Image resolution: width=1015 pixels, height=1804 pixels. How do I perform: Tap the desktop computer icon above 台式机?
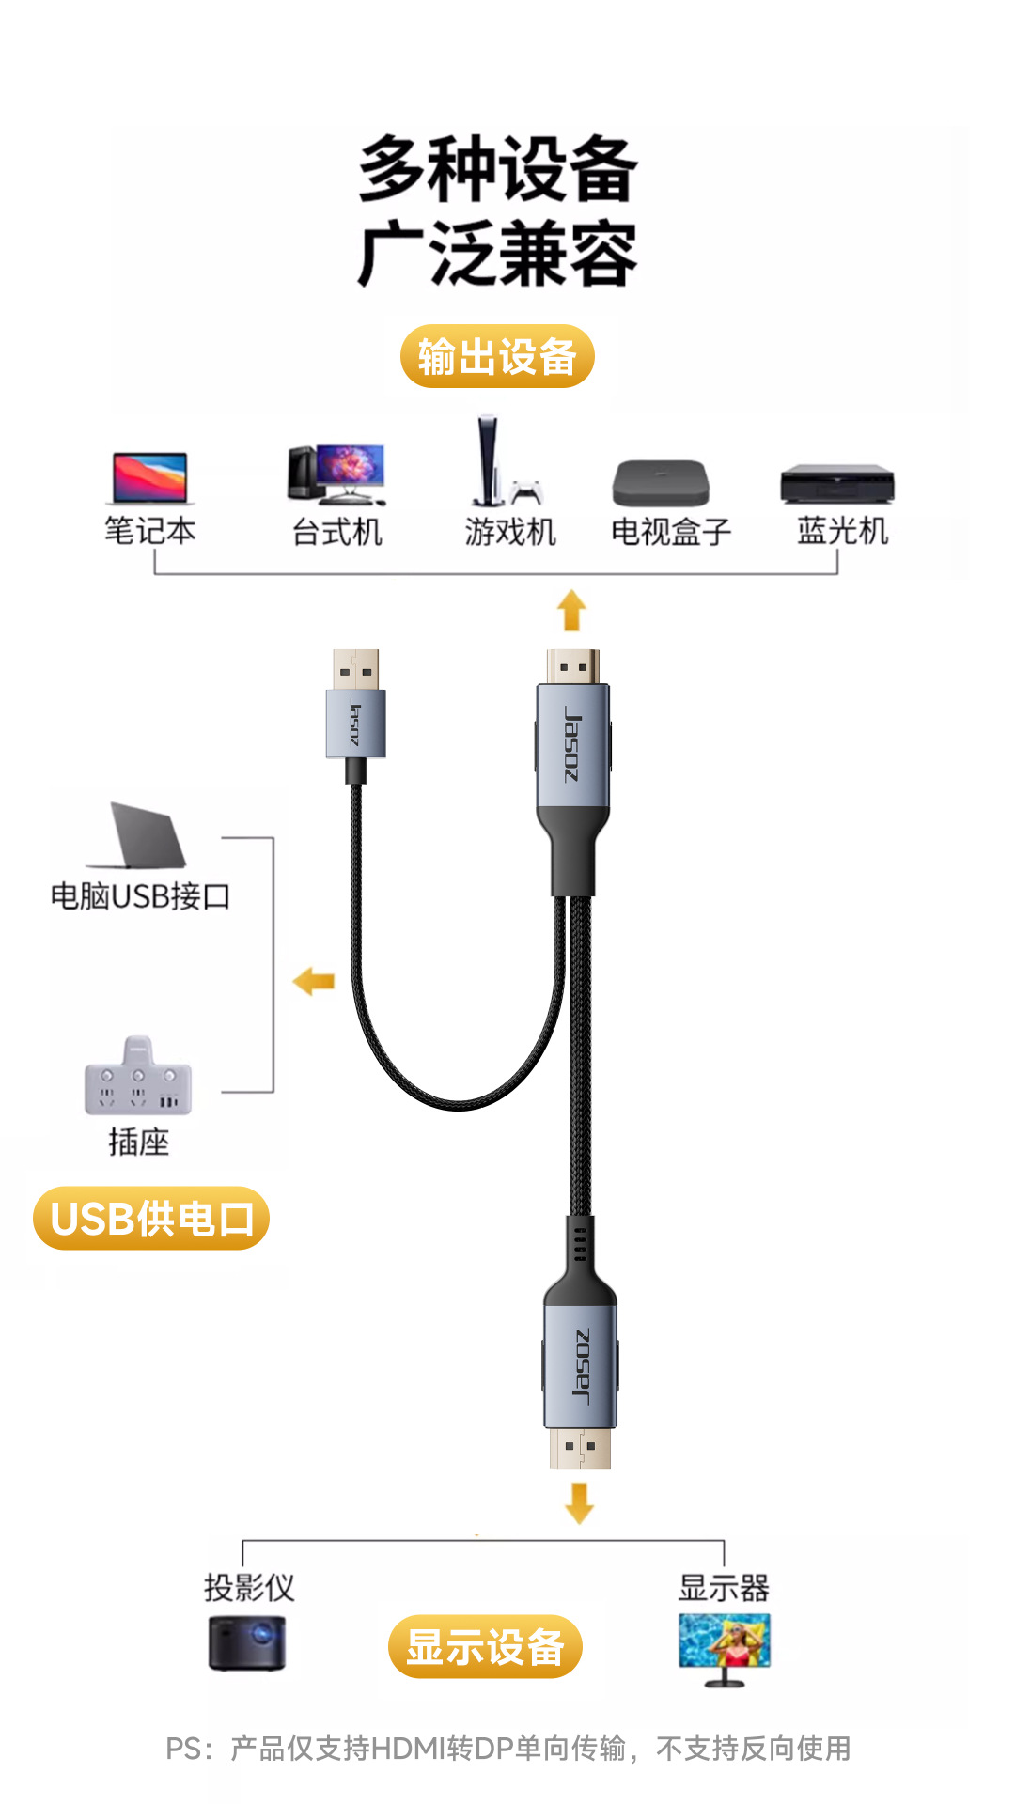pos(336,474)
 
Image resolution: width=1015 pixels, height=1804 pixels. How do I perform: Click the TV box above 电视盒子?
pos(661,483)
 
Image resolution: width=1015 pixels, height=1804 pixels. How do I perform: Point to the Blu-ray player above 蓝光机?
pos(837,484)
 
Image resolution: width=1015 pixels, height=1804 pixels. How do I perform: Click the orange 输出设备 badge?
pos(497,356)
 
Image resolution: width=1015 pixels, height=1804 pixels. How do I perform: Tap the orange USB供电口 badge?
pos(151,1218)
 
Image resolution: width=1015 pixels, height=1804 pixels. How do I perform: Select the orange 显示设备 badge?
pos(485,1646)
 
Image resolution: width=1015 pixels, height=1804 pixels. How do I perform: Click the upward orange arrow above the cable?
pos(571,610)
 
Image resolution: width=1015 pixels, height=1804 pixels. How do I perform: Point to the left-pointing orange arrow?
pos(314,982)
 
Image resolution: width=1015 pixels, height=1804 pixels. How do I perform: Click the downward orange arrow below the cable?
pos(579,1503)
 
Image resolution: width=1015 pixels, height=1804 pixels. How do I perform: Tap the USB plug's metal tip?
pos(356,669)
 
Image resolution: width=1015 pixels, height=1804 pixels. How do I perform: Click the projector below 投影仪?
pos(247,1642)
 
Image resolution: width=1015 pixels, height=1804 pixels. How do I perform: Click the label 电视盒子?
pos(671,532)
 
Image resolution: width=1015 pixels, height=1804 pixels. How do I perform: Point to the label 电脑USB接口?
pos(140,896)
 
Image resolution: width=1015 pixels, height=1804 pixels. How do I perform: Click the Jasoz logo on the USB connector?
pos(354,723)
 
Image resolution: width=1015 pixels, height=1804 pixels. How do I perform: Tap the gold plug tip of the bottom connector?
pos(580,1448)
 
